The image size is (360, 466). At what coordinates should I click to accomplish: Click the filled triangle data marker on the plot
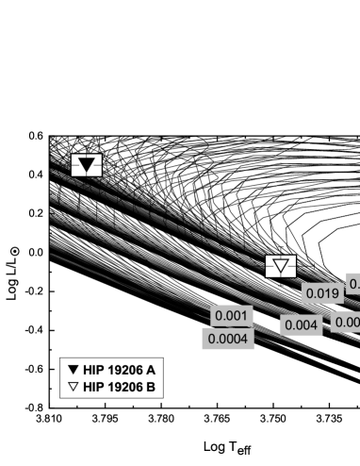point(87,166)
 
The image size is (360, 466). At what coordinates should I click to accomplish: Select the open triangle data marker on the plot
point(281,266)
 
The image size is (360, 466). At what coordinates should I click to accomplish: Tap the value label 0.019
point(322,293)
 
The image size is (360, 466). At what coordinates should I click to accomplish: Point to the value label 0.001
point(231,315)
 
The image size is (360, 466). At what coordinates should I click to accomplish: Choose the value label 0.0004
point(228,339)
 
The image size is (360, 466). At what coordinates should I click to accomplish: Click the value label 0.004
point(302,325)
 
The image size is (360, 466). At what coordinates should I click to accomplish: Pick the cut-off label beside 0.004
point(346,323)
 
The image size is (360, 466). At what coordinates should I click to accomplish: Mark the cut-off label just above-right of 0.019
point(353,283)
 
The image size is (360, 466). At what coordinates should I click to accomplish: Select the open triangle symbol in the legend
point(73,386)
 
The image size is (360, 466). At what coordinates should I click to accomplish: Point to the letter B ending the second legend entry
point(150,386)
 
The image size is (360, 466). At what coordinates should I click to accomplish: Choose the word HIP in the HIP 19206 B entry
point(94,386)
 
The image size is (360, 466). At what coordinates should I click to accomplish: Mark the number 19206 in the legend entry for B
point(125,386)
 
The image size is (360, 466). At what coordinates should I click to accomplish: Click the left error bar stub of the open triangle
point(270,266)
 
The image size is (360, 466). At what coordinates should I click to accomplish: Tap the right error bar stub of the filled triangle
point(98,166)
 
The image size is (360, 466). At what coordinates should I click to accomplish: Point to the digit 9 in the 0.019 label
point(335,293)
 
